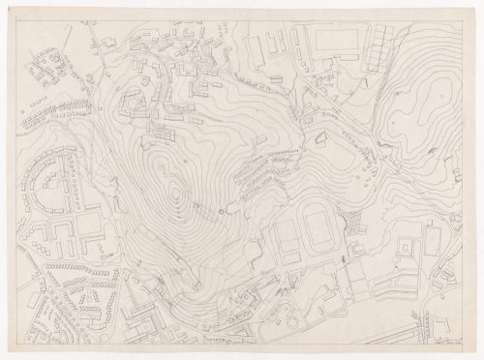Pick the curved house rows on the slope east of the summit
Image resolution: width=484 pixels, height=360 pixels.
coord(257,169)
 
